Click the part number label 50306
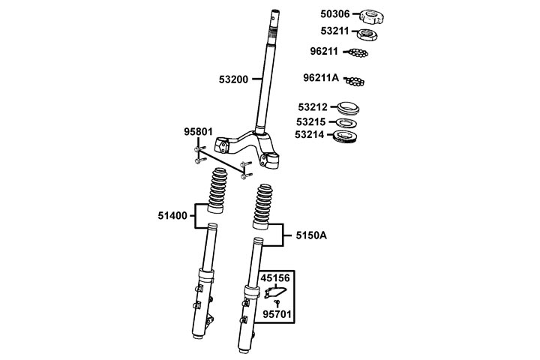click(x=334, y=14)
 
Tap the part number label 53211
click(x=334, y=31)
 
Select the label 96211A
click(x=321, y=78)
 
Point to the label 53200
click(x=233, y=79)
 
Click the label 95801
click(x=198, y=132)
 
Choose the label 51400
click(x=172, y=216)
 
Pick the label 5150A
click(x=311, y=235)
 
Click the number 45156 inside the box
click(x=275, y=278)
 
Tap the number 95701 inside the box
click(x=277, y=314)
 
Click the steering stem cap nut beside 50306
click(x=371, y=17)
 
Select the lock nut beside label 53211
click(x=367, y=34)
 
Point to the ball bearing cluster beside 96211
click(x=358, y=52)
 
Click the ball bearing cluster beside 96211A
click(x=355, y=81)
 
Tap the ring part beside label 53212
click(x=348, y=108)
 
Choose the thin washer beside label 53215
click(x=346, y=123)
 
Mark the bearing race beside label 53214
click(x=346, y=136)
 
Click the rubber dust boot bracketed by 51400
click(x=217, y=190)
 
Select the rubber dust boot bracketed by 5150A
click(x=262, y=207)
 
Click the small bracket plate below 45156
click(x=275, y=292)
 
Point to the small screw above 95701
click(x=277, y=303)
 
